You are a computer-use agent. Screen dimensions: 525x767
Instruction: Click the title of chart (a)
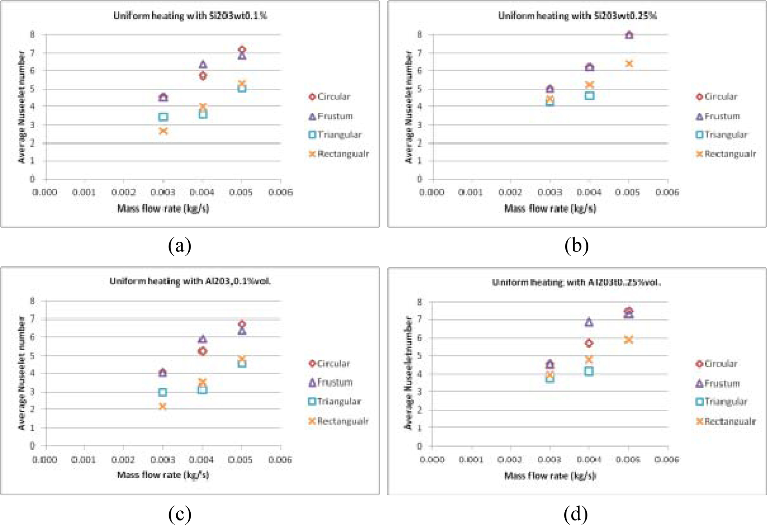click(190, 16)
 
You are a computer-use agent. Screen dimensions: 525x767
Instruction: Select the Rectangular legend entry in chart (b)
click(726, 154)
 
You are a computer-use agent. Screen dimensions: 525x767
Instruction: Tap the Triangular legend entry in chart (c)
click(335, 402)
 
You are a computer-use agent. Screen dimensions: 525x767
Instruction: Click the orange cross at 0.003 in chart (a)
click(163, 131)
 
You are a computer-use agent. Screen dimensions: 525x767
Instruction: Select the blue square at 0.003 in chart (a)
click(163, 117)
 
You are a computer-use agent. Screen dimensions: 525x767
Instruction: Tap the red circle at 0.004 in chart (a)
click(203, 76)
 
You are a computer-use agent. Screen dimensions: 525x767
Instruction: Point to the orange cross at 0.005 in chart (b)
click(629, 64)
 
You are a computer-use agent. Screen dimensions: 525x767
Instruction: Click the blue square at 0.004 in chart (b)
click(589, 96)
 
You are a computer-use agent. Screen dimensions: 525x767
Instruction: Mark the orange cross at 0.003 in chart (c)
click(162, 406)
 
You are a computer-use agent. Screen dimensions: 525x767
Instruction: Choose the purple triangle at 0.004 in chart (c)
click(202, 339)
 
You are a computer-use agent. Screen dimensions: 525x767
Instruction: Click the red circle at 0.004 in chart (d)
click(589, 343)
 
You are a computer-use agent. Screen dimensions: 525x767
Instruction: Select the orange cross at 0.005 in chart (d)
click(628, 340)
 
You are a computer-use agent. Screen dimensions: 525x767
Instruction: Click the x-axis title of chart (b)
click(550, 209)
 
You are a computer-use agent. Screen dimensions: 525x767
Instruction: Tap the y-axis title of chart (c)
click(22, 373)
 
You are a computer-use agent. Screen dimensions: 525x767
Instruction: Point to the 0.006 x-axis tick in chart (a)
click(281, 192)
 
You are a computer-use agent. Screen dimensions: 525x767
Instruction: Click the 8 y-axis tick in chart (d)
click(420, 302)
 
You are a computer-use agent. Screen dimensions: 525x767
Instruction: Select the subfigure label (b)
click(576, 246)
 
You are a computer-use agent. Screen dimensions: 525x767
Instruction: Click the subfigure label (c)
click(180, 514)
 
